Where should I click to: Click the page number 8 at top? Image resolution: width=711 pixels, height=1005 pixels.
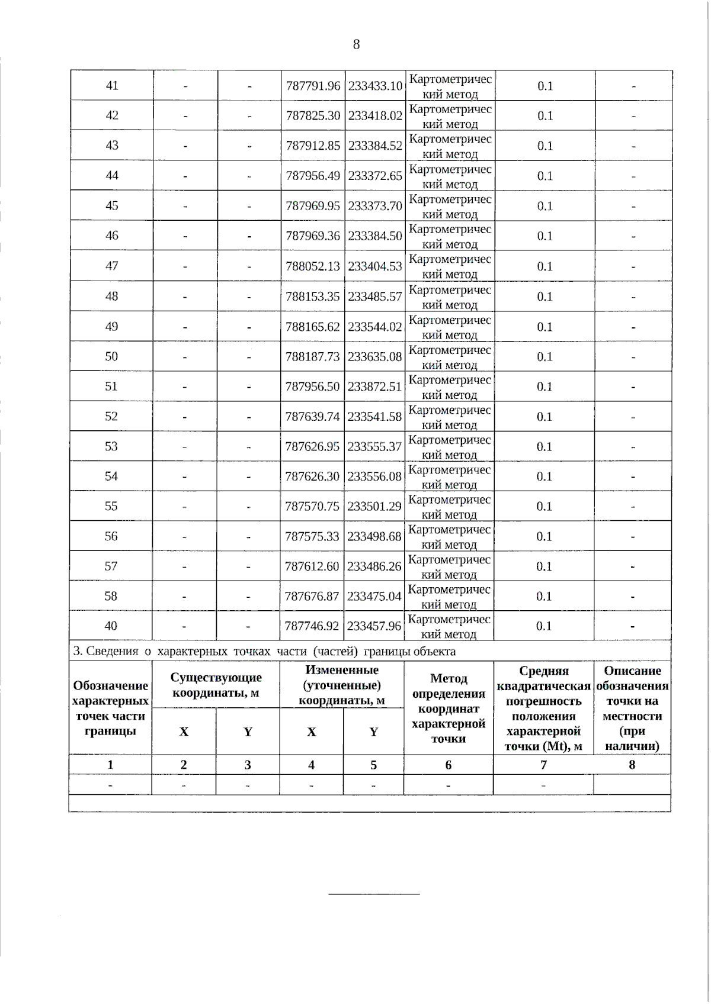click(x=356, y=44)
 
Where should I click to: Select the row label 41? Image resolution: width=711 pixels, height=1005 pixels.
click(x=112, y=85)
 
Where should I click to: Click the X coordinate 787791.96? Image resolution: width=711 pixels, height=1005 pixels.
click(x=313, y=86)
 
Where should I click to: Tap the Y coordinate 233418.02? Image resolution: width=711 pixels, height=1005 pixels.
click(x=375, y=115)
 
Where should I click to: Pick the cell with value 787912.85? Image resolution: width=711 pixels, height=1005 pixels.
click(x=313, y=146)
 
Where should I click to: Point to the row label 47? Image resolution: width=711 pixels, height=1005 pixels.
click(x=112, y=266)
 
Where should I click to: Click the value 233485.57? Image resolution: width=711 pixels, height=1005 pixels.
click(x=375, y=296)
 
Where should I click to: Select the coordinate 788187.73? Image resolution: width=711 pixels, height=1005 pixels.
click(x=312, y=356)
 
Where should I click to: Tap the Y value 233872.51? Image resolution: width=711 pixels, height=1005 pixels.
click(x=374, y=386)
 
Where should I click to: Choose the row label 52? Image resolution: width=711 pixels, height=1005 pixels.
click(x=111, y=416)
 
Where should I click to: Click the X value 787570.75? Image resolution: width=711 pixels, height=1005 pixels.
click(x=312, y=506)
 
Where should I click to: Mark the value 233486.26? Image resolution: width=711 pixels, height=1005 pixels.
click(x=374, y=566)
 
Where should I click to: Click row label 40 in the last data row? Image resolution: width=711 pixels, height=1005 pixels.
click(x=111, y=626)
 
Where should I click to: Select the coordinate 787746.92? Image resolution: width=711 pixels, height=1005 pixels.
click(x=312, y=626)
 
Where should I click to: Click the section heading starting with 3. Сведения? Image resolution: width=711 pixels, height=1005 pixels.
click(x=264, y=652)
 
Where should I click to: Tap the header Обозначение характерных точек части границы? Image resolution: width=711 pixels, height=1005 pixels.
click(x=110, y=708)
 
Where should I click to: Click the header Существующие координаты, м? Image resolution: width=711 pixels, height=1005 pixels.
click(x=216, y=685)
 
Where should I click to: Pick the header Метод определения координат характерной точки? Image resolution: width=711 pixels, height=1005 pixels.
click(x=449, y=708)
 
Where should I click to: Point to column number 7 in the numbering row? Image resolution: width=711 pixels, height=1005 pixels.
click(x=543, y=765)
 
